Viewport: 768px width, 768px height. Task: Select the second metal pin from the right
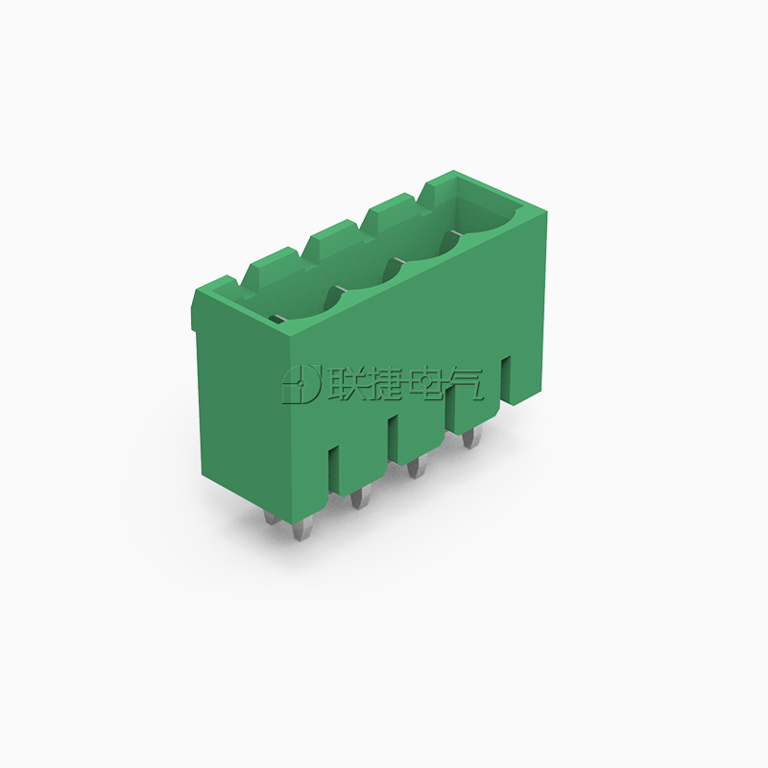click(x=417, y=467)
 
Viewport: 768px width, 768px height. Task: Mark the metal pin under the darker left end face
click(x=272, y=516)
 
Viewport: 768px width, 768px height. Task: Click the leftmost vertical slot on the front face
click(x=333, y=468)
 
